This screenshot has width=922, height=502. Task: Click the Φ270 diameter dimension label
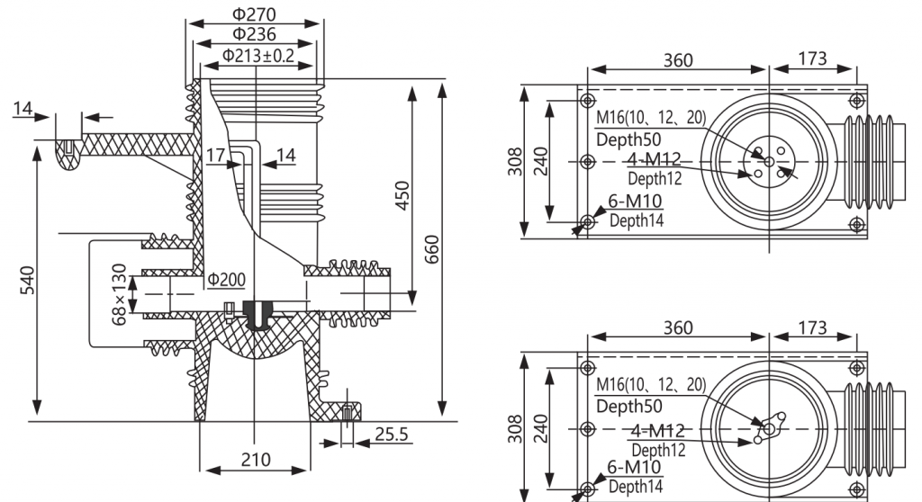click(254, 13)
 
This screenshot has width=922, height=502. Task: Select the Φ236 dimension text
click(254, 34)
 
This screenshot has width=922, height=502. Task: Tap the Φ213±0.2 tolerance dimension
click(258, 56)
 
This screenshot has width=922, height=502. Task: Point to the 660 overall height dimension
click(431, 249)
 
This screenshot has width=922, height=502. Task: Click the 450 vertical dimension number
click(402, 196)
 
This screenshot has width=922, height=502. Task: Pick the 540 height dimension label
click(27, 280)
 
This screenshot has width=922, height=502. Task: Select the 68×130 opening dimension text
click(119, 294)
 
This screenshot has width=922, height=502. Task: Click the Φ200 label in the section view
click(226, 280)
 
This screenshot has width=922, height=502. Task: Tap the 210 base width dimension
click(256, 459)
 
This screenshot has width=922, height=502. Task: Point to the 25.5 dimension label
click(391, 435)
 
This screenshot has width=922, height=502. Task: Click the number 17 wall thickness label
click(216, 155)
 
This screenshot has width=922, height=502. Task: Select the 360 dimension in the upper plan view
click(678, 60)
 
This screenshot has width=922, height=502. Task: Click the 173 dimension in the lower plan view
click(812, 327)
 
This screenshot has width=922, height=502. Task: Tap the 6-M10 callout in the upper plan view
click(635, 201)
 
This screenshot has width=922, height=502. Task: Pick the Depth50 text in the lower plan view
click(628, 406)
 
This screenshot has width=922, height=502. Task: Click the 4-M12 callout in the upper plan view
click(654, 158)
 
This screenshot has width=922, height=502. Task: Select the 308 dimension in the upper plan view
click(515, 161)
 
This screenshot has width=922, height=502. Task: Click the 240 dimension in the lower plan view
click(540, 428)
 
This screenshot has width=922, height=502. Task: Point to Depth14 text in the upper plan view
click(637, 221)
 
